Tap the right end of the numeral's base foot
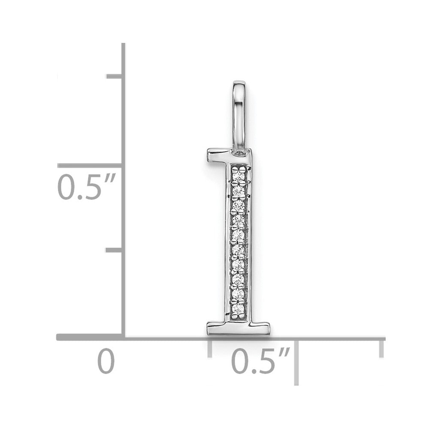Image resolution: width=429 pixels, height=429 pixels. (269, 328)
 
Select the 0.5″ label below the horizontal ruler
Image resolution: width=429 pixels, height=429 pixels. (260, 361)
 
